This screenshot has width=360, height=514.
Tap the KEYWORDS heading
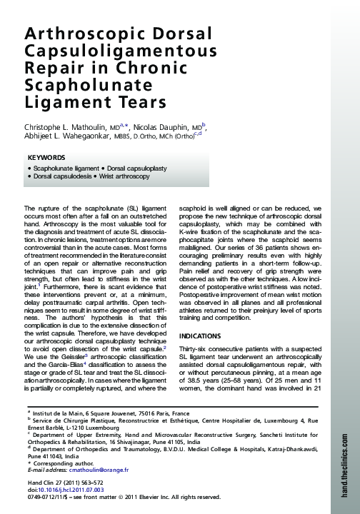click(46, 157)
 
